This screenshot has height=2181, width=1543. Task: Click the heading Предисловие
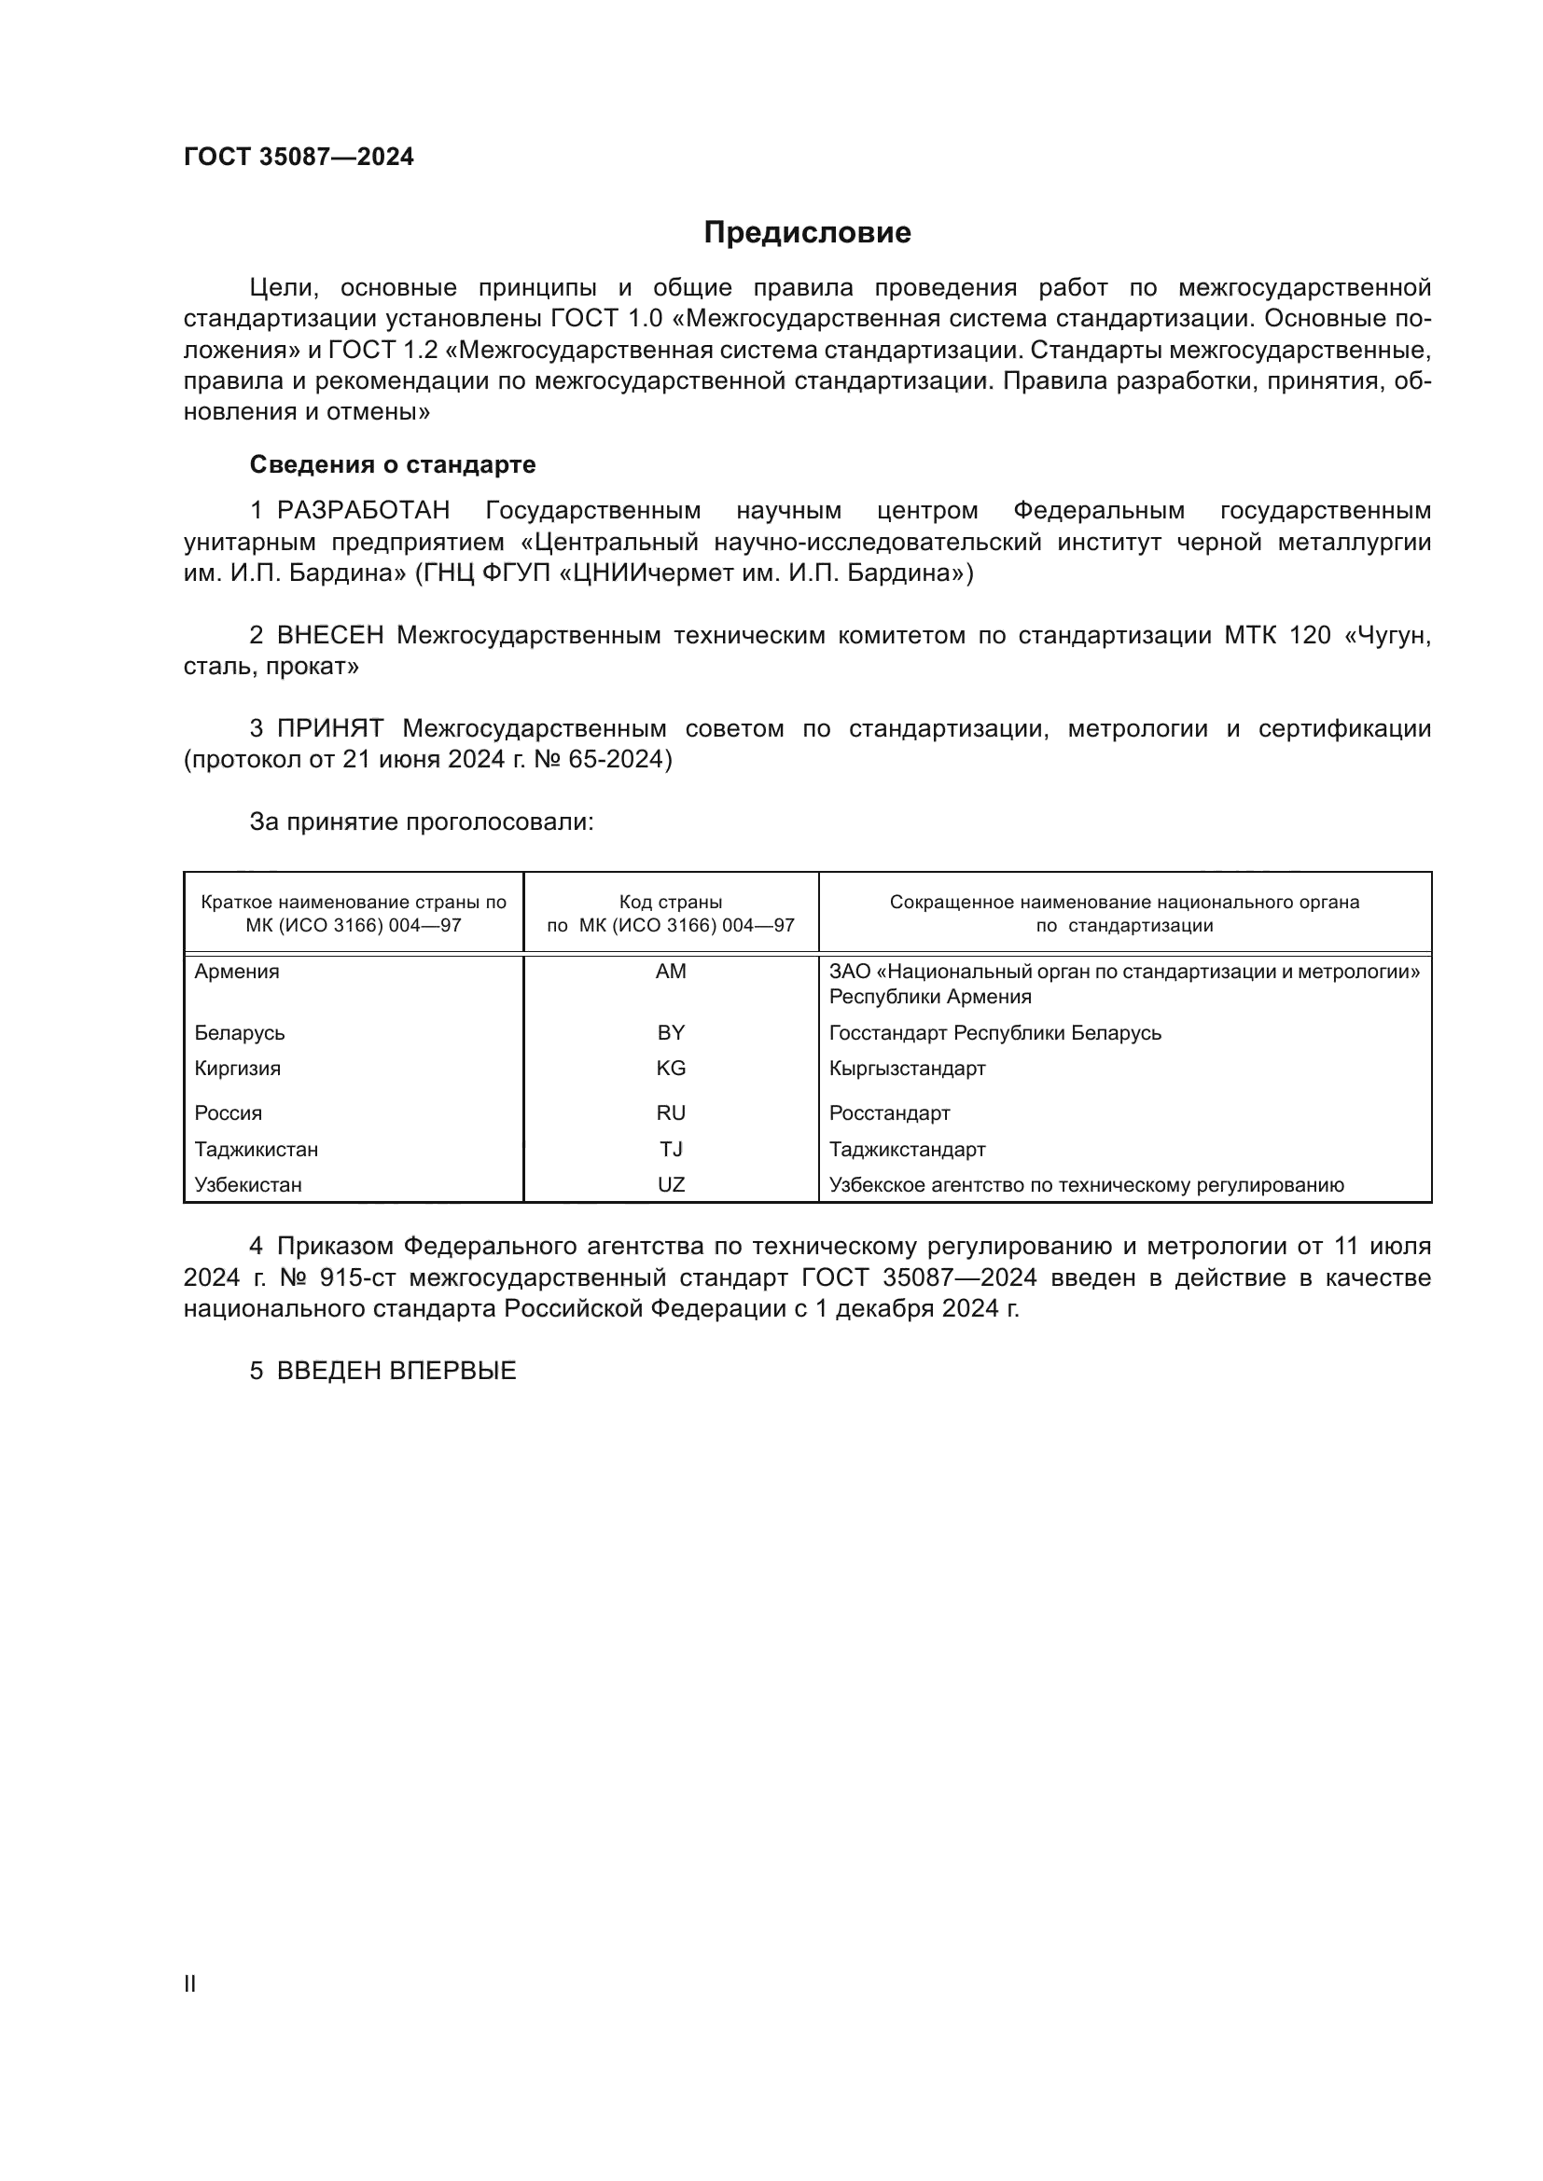[807, 233]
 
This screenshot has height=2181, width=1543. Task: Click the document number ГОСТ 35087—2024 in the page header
[299, 157]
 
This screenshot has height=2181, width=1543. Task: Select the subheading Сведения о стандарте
[393, 464]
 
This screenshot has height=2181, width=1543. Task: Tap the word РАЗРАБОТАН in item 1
[363, 511]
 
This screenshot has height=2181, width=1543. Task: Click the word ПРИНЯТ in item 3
[329, 728]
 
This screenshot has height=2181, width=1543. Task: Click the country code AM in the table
[671, 972]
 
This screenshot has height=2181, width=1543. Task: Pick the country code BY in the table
[671, 1032]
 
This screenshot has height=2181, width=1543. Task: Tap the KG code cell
[671, 1069]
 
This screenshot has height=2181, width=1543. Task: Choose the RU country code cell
[671, 1113]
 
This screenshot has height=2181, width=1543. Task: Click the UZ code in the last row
[671, 1185]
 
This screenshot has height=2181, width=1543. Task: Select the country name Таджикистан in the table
[257, 1151]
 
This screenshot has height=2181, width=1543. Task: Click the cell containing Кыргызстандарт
[908, 1069]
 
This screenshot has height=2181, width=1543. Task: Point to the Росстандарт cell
[889, 1113]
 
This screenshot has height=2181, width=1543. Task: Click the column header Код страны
[671, 903]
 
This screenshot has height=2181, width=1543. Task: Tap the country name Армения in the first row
[237, 972]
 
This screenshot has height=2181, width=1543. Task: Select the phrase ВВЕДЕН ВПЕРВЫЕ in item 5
[396, 1371]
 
